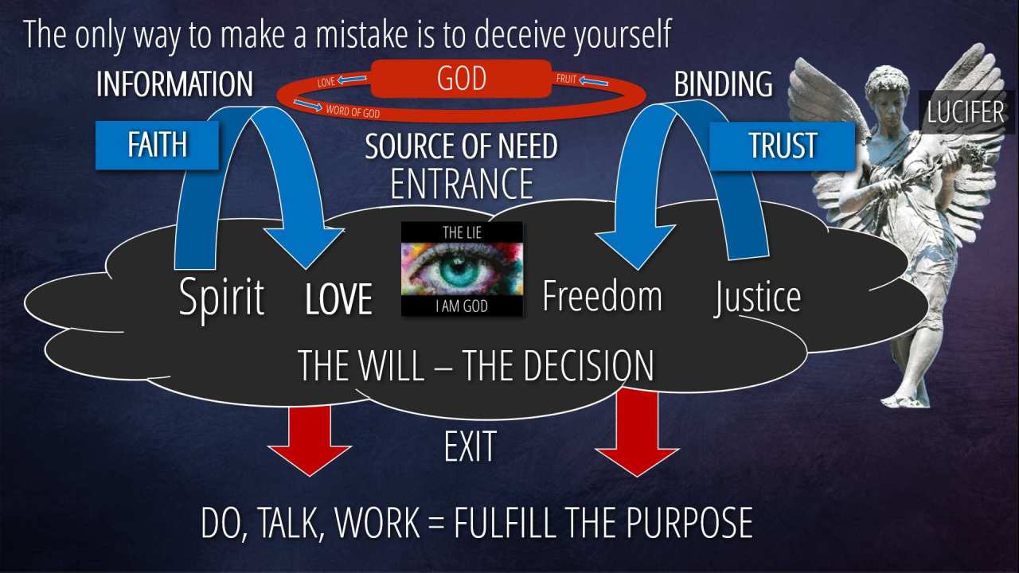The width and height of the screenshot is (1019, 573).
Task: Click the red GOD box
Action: point(461,79)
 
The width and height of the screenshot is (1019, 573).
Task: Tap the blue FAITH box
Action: point(157,145)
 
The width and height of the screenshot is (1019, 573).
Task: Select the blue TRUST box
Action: point(782,146)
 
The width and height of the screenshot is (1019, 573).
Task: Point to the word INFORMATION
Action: point(174,84)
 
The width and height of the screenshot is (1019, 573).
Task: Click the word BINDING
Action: point(724,84)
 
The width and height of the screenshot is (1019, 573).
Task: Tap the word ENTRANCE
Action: point(462,183)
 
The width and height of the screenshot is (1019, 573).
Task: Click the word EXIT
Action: point(470,446)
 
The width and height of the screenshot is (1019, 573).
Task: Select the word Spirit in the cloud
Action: point(221,298)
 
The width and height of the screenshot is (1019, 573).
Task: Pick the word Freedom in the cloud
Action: point(603,296)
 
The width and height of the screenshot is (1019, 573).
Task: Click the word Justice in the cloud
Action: point(757,298)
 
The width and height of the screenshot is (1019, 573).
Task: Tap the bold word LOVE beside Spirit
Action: point(339,298)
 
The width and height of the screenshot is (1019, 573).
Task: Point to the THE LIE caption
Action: point(462,233)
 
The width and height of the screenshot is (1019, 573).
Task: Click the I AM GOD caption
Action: point(462,306)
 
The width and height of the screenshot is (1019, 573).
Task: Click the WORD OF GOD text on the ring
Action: point(353,111)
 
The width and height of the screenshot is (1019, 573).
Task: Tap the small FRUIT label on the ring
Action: point(566,79)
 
